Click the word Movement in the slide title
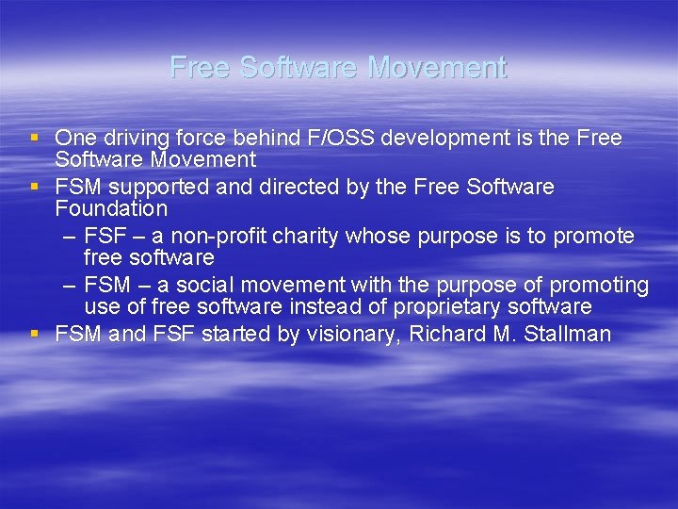[437, 68]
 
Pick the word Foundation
[111, 208]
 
